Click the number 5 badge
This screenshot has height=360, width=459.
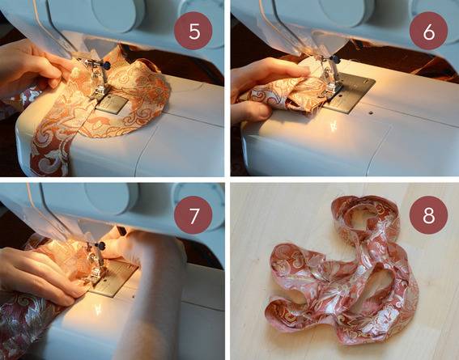coord(193,31)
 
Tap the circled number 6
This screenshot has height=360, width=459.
coord(428,31)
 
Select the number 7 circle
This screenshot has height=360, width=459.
coord(193,215)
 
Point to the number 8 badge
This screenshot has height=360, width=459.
coord(428,215)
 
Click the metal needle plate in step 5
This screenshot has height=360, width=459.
coord(112,104)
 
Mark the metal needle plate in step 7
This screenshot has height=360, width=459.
coord(116,277)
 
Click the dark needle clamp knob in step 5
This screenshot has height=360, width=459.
coord(107,66)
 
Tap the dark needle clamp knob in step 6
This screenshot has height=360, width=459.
coord(335,59)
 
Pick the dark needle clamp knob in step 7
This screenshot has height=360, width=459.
coord(101,246)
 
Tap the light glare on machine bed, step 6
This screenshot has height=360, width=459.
coord(334,125)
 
